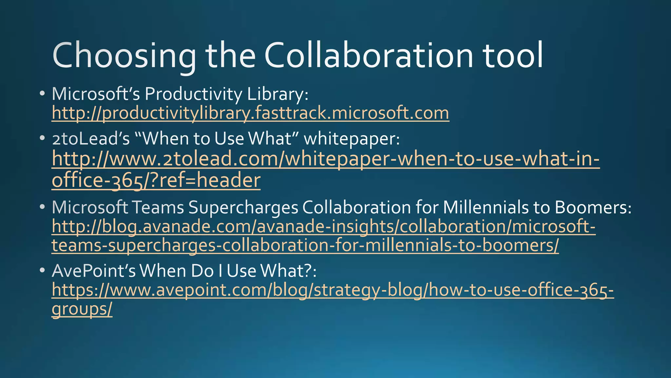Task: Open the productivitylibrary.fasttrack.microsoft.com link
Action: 250,113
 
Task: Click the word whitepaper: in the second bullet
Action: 352,139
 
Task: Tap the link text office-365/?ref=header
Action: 156,181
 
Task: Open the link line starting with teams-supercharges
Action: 305,246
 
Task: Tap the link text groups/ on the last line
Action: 82,309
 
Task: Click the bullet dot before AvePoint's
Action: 42,271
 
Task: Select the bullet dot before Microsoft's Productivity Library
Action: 42,94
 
